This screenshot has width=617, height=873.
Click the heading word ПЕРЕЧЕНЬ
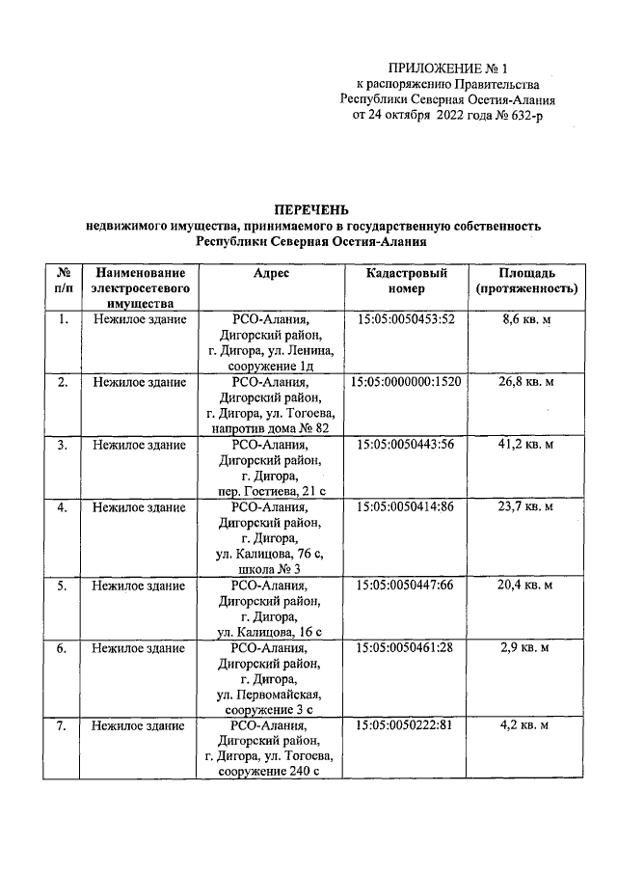(310, 209)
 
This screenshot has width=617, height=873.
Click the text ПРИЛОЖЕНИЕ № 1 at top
(446, 68)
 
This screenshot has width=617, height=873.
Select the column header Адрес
(272, 274)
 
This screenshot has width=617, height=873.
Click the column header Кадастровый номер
(406, 281)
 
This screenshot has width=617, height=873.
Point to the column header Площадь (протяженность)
(526, 281)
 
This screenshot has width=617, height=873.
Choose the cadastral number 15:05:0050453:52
(406, 318)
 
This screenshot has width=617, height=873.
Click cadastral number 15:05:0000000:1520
(406, 382)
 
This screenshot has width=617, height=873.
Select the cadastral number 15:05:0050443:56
(406, 445)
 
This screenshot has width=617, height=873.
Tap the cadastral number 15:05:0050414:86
(406, 506)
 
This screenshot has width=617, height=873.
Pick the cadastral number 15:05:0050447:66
(406, 586)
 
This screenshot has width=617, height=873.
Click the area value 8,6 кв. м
(526, 318)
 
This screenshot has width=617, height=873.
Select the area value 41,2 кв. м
(526, 445)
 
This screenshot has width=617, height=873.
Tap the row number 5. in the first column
(63, 586)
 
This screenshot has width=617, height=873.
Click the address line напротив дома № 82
(272, 428)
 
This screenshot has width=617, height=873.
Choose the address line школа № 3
(272, 569)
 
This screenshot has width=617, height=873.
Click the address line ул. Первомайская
(272, 695)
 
